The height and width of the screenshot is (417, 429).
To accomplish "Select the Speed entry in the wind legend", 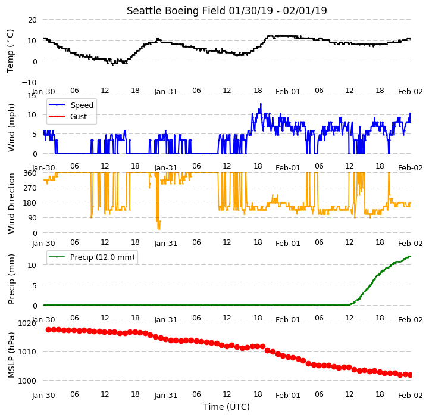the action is coord(71,105).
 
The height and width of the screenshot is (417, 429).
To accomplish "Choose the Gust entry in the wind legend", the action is coord(68,116).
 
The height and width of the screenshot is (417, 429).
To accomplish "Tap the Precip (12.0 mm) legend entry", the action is coord(92,257).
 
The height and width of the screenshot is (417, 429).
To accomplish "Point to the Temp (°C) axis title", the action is coord(10,51).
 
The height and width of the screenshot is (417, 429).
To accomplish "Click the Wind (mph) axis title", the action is coord(11,127).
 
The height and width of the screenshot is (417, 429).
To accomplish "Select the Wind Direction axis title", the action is coord(11,203).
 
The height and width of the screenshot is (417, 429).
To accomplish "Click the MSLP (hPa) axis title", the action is coord(11,355).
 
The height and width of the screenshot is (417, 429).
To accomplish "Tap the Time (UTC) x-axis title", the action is coord(227,407).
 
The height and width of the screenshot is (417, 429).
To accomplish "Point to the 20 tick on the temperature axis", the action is coord(32,20).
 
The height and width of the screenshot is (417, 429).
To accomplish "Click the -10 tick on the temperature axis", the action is coord(29,82).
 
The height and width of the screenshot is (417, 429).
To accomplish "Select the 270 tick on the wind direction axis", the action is coord(30,188).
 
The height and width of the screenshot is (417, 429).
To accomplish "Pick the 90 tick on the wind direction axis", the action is coord(33,218).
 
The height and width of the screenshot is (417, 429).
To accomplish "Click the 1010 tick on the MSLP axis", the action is coord(27,352).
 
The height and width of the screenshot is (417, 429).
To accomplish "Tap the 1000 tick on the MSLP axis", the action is coord(27,381).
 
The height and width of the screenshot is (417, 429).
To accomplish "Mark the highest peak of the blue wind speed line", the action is coord(261,104).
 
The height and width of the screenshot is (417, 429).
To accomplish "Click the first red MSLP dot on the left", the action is coord(48,329).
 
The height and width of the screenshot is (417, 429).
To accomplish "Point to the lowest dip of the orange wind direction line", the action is coord(159,229).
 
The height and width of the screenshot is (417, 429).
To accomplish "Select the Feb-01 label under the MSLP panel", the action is coord(288,396).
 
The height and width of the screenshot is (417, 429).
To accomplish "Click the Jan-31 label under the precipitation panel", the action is coord(166,320).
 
